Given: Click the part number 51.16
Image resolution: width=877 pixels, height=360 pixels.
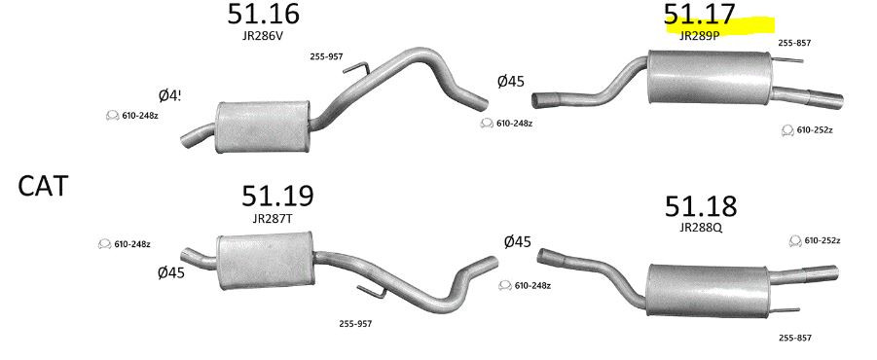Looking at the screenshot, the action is pos(263,14).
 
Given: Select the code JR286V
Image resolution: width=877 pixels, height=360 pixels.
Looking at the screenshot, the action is pos(264,33).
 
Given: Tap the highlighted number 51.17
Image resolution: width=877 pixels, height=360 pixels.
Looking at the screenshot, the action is pos(699,15).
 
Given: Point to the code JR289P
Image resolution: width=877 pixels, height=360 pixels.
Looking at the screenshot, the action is pos(699,36).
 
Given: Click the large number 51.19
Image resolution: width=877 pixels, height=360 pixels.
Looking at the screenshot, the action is pos(277,196).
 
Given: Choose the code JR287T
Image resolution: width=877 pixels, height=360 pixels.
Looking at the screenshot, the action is pos(273,219).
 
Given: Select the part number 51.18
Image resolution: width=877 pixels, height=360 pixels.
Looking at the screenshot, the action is pos(701,206).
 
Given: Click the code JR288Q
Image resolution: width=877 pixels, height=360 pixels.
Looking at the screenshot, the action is pos(702,228).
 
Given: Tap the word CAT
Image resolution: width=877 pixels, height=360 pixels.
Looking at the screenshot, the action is pos(43,186).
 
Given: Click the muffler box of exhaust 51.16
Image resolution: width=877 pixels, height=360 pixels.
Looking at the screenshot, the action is pos(262,126).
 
